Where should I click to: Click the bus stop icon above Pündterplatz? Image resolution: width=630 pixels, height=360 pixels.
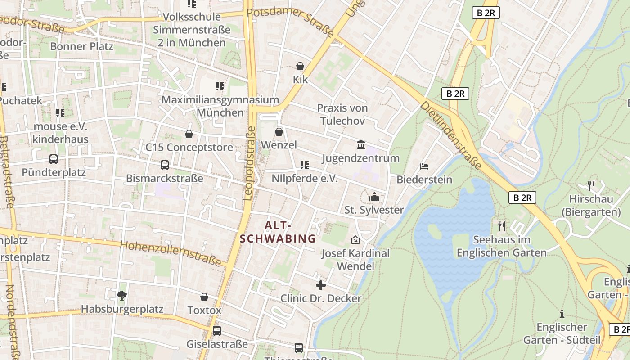click(54, 159)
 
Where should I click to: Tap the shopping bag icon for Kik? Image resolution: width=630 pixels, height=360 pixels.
click(300, 66)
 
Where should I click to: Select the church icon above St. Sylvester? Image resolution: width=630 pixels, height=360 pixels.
click(374, 197)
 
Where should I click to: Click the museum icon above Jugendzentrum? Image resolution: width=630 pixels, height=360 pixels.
click(361, 144)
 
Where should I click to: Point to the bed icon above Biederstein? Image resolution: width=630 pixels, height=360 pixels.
click(424, 166)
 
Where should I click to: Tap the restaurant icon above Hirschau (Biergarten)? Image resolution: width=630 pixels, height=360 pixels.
click(591, 185)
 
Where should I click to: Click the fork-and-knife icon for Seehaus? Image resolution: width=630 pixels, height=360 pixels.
click(502, 226)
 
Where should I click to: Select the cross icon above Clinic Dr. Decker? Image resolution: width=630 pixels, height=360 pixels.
click(321, 285)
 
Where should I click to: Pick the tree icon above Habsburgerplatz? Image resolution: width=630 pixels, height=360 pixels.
click(121, 296)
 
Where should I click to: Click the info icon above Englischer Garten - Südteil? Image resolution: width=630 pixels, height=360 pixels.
click(562, 313)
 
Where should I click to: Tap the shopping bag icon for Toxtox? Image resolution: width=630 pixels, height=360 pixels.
click(204, 297)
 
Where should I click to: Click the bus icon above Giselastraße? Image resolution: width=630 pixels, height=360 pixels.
click(217, 330)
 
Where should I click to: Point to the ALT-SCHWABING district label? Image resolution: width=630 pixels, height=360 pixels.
click(278, 232)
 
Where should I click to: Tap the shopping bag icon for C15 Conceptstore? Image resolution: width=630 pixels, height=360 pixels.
click(189, 134)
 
